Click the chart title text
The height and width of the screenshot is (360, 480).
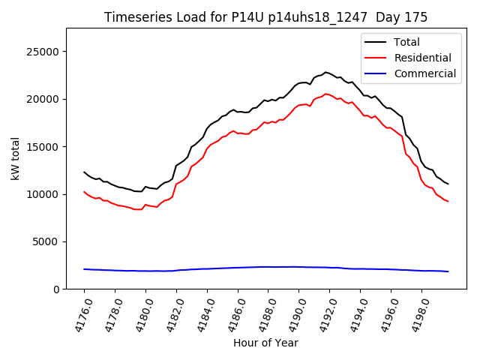click(265, 17)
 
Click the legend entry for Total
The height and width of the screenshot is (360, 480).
click(406, 42)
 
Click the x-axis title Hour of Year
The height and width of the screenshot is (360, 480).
click(265, 343)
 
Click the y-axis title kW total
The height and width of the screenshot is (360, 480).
click(16, 158)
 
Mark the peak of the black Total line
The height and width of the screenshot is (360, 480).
click(325, 72)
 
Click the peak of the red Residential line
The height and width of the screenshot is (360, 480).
click(325, 94)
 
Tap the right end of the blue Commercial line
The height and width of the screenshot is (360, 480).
click(448, 271)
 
